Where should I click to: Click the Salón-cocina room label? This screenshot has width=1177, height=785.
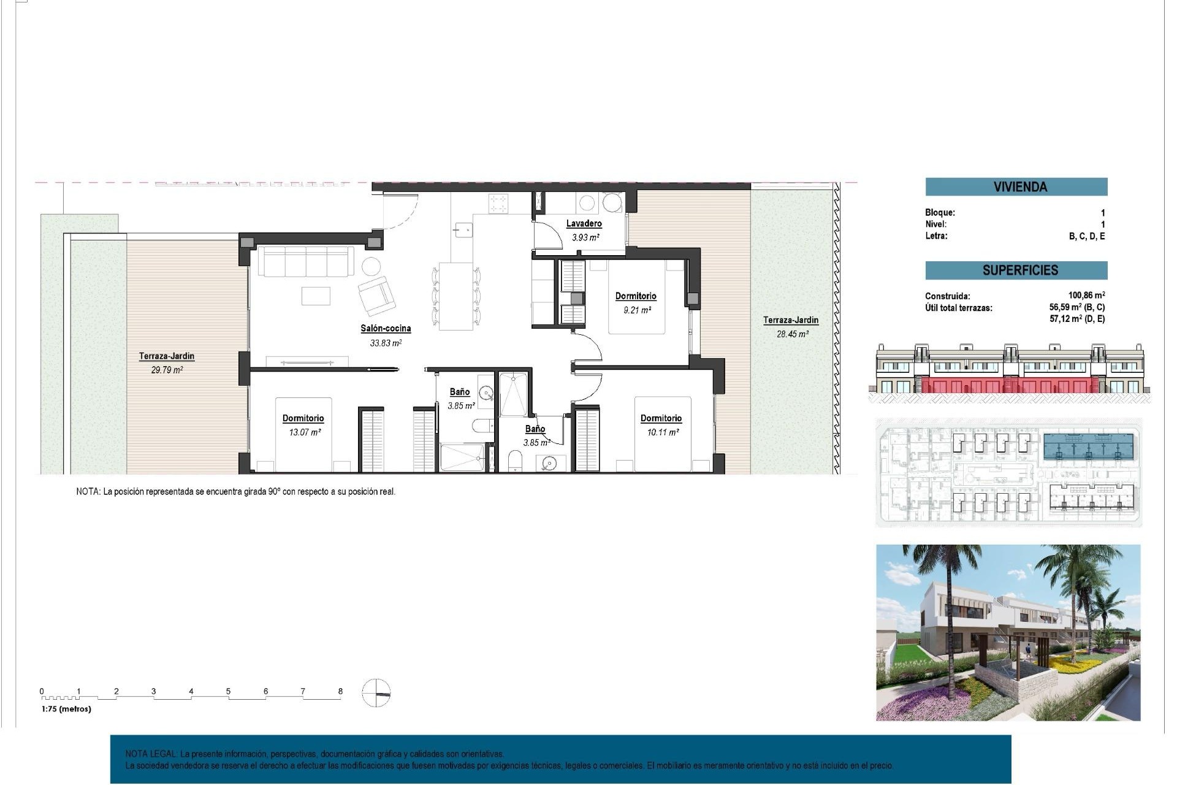386,329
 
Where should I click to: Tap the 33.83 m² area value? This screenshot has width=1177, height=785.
386,343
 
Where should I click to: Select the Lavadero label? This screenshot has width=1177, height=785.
584,224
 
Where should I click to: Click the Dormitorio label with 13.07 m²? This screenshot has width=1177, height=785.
303,418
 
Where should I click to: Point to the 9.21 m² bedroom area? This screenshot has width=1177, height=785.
637,310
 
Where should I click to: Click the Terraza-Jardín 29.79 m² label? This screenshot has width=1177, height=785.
166,356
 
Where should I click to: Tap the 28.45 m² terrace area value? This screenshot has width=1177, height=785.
793,334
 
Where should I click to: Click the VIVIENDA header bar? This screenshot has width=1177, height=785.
1016,186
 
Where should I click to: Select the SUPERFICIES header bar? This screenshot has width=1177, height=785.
1016,270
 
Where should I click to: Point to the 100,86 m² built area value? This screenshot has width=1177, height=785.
1086,296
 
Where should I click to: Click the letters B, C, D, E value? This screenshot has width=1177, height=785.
1087,236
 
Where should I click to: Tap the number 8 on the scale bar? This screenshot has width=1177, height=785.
340,691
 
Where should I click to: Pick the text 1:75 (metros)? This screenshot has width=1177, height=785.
66,709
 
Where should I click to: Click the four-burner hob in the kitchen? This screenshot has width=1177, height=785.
498,203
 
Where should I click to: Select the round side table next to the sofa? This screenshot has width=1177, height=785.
370,266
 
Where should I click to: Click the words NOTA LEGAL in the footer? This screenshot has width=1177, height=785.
151,754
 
